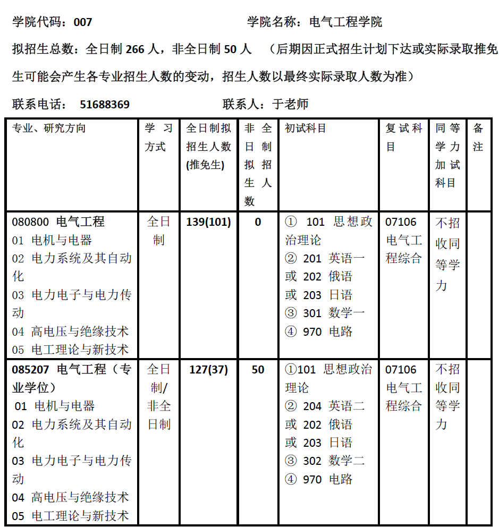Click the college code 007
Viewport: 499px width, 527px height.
click(x=83, y=22)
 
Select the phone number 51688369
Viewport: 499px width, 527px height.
click(x=105, y=105)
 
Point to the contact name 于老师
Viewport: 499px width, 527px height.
click(x=290, y=105)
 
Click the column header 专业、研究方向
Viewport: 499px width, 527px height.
click(x=49, y=129)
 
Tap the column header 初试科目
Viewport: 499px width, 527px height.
click(x=306, y=129)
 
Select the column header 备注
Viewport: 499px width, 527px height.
click(x=478, y=137)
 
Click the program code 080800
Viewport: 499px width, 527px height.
click(x=30, y=222)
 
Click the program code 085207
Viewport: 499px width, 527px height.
click(x=30, y=370)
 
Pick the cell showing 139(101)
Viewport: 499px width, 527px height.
click(x=209, y=222)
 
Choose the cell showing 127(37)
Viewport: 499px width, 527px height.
click(x=209, y=370)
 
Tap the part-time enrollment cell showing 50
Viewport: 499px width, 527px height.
click(x=258, y=370)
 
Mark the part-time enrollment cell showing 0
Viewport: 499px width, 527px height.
click(x=258, y=222)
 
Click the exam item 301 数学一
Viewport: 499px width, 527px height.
click(x=333, y=313)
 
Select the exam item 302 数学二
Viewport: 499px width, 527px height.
click(x=333, y=461)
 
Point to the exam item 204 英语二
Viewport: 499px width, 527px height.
click(x=333, y=406)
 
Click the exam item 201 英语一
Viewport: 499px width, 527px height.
click(x=333, y=259)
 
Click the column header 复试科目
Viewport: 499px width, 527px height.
click(x=404, y=137)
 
